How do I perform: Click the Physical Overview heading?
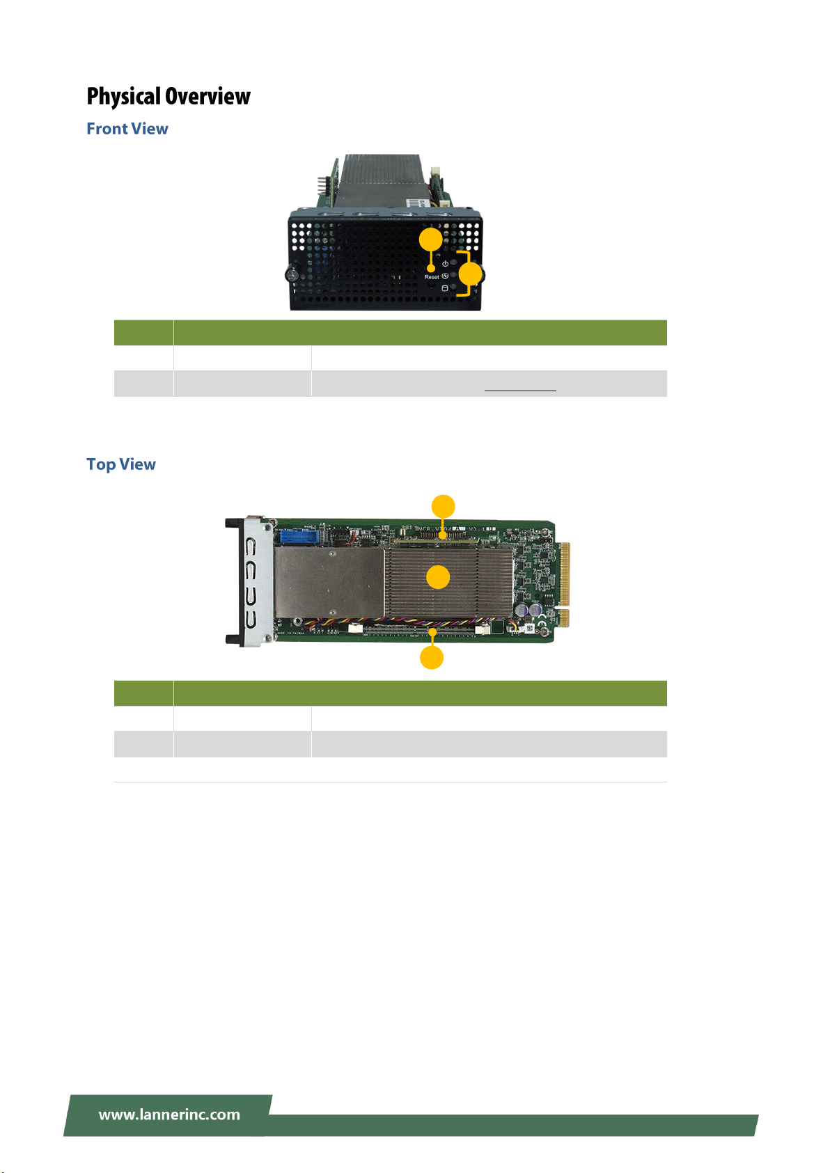169,96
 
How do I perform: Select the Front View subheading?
127,129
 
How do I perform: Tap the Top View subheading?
121,464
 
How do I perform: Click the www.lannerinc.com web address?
169,1115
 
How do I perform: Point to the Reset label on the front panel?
432,277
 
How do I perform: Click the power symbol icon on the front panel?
445,265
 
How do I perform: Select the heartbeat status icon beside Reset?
445,276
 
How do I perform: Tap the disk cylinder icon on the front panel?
445,288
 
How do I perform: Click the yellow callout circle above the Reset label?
431,240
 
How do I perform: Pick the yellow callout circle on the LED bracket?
471,274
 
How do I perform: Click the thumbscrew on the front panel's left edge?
292,275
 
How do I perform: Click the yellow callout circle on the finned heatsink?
438,577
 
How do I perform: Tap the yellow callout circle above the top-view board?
444,506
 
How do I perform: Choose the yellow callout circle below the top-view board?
432,658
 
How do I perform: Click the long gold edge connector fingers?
565,574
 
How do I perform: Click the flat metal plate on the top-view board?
329,582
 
